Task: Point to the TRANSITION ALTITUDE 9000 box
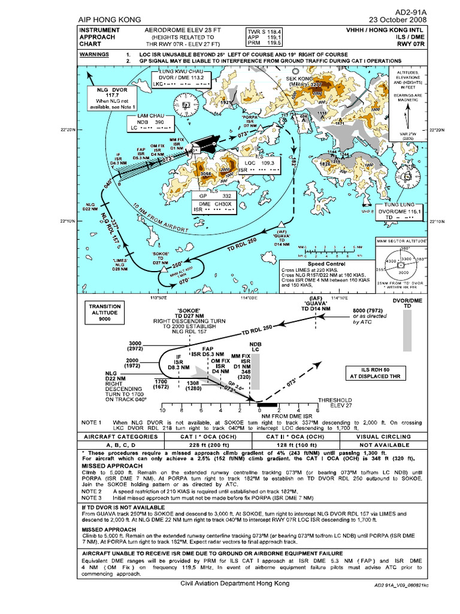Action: (x=105, y=312)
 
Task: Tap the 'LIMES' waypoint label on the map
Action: (x=120, y=264)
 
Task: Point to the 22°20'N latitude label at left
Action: (x=68, y=129)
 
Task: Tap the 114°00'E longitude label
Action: (x=248, y=297)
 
